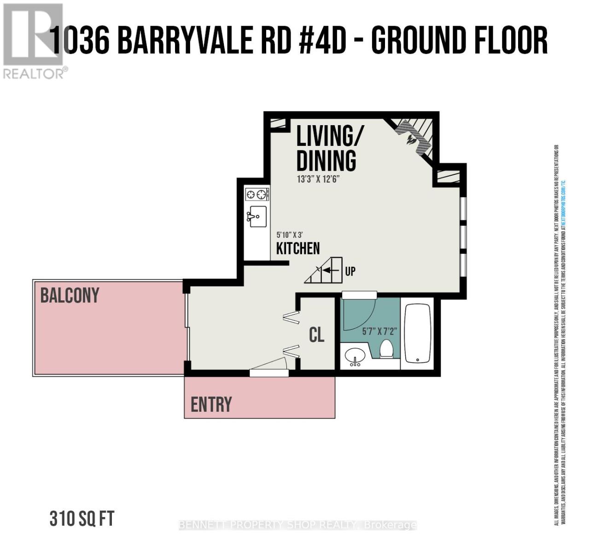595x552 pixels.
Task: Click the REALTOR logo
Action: click(33, 40)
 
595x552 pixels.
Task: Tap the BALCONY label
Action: click(70, 295)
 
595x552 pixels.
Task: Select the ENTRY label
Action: click(211, 404)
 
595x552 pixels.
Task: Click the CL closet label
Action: click(316, 335)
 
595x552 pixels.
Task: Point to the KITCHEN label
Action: click(297, 248)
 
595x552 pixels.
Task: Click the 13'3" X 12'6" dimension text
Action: click(318, 179)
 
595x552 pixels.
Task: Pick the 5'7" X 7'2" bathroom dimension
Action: click(379, 331)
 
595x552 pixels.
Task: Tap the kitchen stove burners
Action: click(257, 194)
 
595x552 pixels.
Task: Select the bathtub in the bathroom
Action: click(418, 333)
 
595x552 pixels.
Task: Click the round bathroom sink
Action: click(355, 356)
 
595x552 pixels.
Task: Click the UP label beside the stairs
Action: click(350, 271)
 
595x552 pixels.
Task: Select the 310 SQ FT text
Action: click(82, 519)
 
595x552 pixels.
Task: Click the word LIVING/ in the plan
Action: click(329, 137)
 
